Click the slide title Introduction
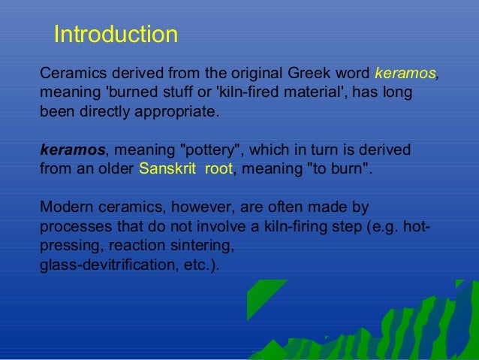coord(116,35)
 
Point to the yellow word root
coord(218,168)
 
